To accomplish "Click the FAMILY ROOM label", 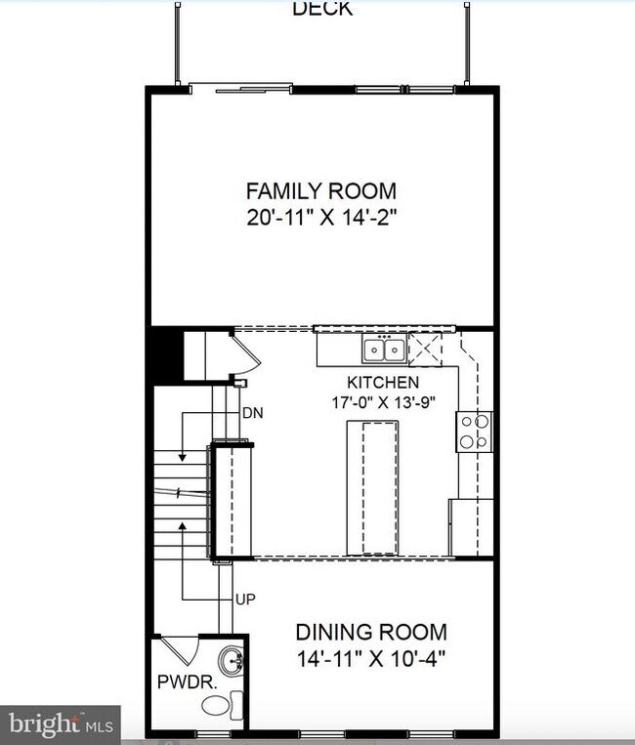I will (320, 190).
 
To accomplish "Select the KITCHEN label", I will (383, 382).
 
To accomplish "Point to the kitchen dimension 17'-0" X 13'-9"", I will (383, 400).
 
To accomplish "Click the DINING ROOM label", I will (371, 632).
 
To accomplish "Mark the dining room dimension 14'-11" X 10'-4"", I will (371, 657).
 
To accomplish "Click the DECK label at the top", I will (321, 9).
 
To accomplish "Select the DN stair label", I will (252, 413).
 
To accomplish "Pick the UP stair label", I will (245, 599).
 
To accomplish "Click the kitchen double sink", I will (383, 349).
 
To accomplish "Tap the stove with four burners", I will (475, 431).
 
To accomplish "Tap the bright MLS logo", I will (60, 724).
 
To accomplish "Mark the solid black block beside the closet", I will (165, 355).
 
